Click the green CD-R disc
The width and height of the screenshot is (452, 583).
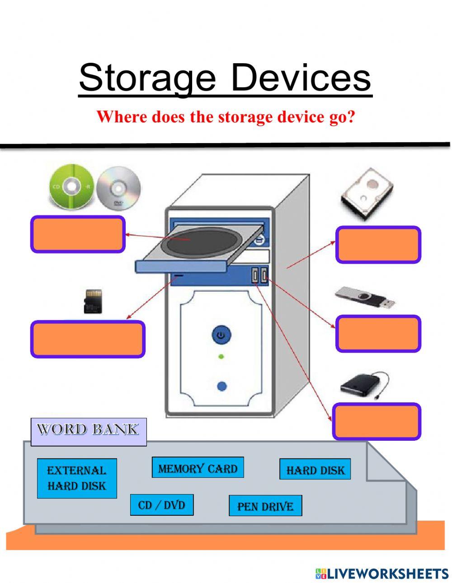[x=71, y=186]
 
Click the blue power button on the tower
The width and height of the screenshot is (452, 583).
[x=221, y=335]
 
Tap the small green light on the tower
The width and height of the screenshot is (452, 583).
[x=221, y=357]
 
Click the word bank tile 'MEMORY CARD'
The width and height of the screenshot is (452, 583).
[x=198, y=468]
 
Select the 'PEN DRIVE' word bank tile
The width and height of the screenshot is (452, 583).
[x=265, y=506]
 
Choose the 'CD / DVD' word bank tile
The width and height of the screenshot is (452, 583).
[x=162, y=504]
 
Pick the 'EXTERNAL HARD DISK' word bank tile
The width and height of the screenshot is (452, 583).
[x=77, y=478]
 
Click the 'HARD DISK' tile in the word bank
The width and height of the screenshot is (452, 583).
[x=315, y=470]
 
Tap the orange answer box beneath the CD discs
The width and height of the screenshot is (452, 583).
[x=77, y=234]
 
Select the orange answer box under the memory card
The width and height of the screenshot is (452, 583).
[x=88, y=339]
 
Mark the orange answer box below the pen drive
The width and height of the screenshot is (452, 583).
[x=378, y=334]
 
